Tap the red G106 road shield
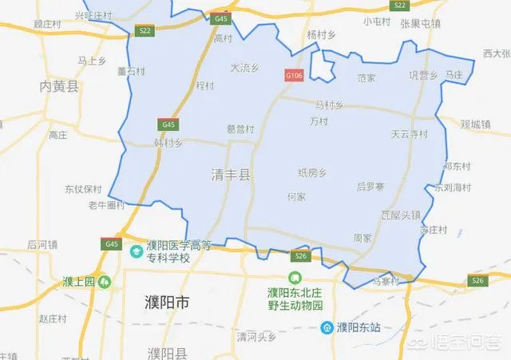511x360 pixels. coord(295,75)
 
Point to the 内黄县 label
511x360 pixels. coord(61,86)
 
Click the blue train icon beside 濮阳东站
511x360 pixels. coord(327,327)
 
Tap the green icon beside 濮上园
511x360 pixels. coord(105,281)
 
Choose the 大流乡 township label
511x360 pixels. coord(244,68)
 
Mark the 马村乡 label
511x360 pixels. coord(329,105)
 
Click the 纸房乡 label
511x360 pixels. coord(312,172)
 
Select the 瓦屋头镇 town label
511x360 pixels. coord(400,215)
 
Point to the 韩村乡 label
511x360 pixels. coord(168,144)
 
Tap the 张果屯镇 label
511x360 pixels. coord(420,22)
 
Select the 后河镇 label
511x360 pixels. coord(43,243)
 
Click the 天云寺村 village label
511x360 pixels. coord(410,133)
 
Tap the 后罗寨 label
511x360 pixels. coord(370,186)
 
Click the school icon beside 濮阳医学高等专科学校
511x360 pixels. coord(137,251)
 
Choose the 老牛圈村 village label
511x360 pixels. coord(107,205)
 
